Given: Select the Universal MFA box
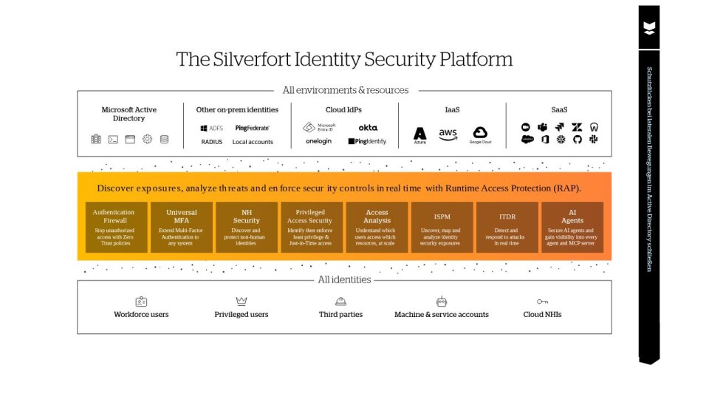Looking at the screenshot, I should click(182, 228).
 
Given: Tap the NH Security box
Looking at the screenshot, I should click(247, 228).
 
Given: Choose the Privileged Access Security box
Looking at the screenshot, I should click(311, 228).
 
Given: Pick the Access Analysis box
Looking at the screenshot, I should click(377, 228).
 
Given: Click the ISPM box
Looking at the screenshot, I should click(442, 228).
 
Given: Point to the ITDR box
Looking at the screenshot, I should click(507, 228).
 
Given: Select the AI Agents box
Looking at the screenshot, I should click(572, 228).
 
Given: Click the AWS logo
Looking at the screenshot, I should click(448, 134).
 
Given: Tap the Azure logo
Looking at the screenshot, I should click(419, 134).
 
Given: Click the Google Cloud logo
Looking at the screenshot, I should click(480, 134).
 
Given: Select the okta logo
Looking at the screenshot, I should click(368, 128).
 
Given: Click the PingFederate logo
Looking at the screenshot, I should click(252, 128).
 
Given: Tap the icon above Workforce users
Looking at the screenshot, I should click(141, 301).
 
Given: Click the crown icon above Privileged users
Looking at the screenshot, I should click(242, 301).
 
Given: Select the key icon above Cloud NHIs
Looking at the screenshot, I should click(542, 301).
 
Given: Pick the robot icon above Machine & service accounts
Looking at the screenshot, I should click(442, 301).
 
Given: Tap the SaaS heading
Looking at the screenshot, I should click(559, 109).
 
